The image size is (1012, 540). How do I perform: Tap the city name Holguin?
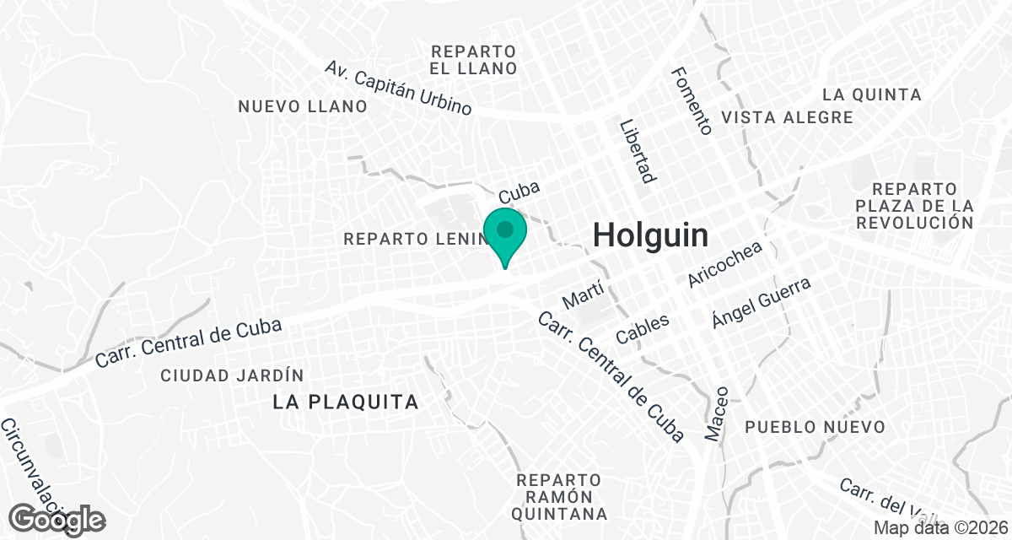650,235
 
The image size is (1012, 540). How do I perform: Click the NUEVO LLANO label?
303,106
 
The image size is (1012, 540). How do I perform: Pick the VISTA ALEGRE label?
788,117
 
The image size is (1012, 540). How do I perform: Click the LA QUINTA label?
872,94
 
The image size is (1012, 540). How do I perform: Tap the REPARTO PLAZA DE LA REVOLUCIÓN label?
914,205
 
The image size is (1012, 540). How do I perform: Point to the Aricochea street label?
725,264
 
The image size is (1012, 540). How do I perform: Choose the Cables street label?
643,328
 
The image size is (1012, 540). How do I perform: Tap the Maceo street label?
716,413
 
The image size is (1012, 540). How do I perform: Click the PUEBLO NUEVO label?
816,427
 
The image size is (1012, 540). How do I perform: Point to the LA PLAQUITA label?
346,402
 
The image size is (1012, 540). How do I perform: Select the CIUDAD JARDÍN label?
232,375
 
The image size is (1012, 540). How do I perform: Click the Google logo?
58,519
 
